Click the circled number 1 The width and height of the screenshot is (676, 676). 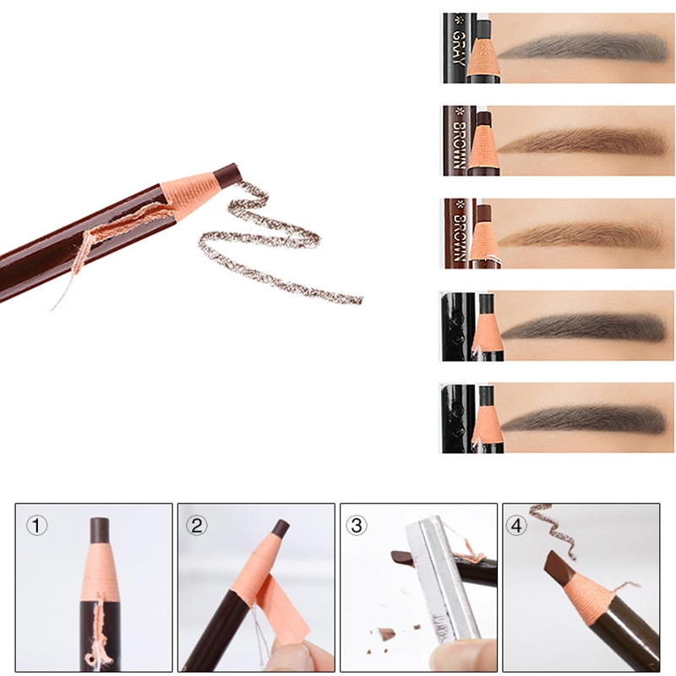(x=35, y=526)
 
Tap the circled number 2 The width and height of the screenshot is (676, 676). (x=197, y=526)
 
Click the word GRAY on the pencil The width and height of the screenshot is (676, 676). (x=458, y=48)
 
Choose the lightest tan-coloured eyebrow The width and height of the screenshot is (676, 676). (x=583, y=235)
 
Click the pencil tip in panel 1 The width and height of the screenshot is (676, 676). (x=100, y=530)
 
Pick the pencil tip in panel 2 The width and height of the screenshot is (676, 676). (x=279, y=531)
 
